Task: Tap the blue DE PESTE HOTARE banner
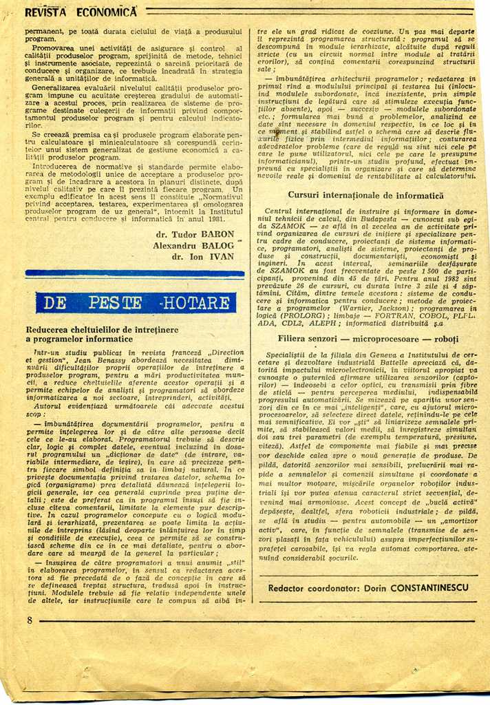(135, 303)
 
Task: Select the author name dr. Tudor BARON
(195, 233)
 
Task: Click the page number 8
(30, 620)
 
